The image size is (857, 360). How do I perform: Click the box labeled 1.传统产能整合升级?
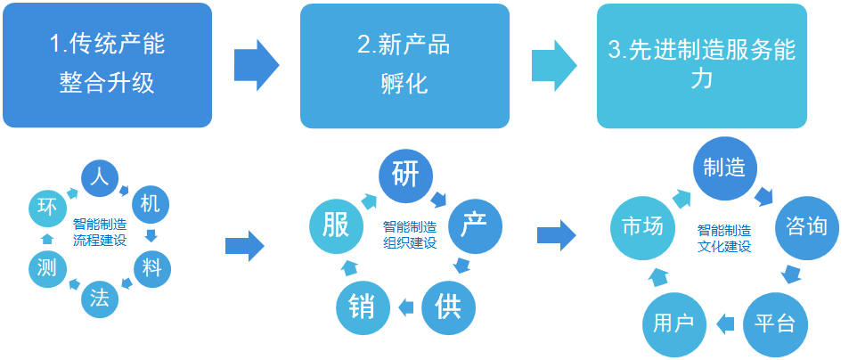click(108, 65)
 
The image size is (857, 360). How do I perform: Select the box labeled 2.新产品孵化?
click(404, 65)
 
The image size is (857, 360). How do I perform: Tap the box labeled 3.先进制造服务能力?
click(702, 65)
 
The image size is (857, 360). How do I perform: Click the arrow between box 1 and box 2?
click(256, 65)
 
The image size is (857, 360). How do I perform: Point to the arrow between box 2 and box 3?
click(553, 65)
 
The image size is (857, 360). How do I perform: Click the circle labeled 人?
click(100, 176)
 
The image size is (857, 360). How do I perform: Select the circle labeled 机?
click(150, 204)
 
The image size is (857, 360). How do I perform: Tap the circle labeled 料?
click(151, 266)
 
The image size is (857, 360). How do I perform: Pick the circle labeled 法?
click(99, 299)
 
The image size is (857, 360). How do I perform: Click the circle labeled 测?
click(45, 266)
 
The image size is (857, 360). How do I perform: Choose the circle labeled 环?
click(46, 208)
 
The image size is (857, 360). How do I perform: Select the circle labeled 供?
click(448, 307)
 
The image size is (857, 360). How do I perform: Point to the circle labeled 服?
click(336, 225)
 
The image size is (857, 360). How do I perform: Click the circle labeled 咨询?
click(806, 227)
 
